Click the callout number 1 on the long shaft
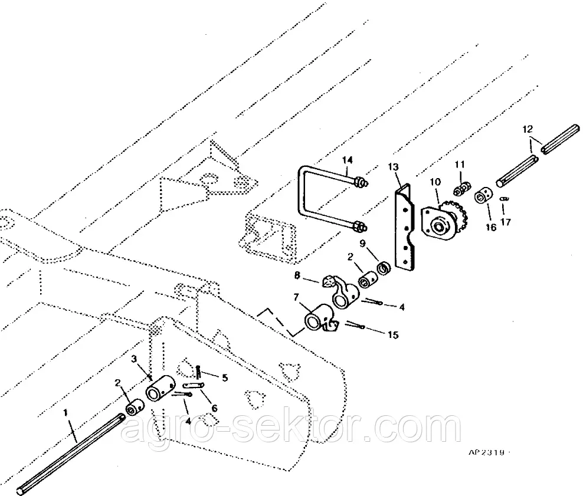pyautogui.click(x=66, y=414)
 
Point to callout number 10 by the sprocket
pyautogui.click(x=435, y=183)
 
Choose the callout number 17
pyautogui.click(x=505, y=222)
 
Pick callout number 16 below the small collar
pyautogui.click(x=491, y=228)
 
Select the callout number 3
pyautogui.click(x=134, y=359)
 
